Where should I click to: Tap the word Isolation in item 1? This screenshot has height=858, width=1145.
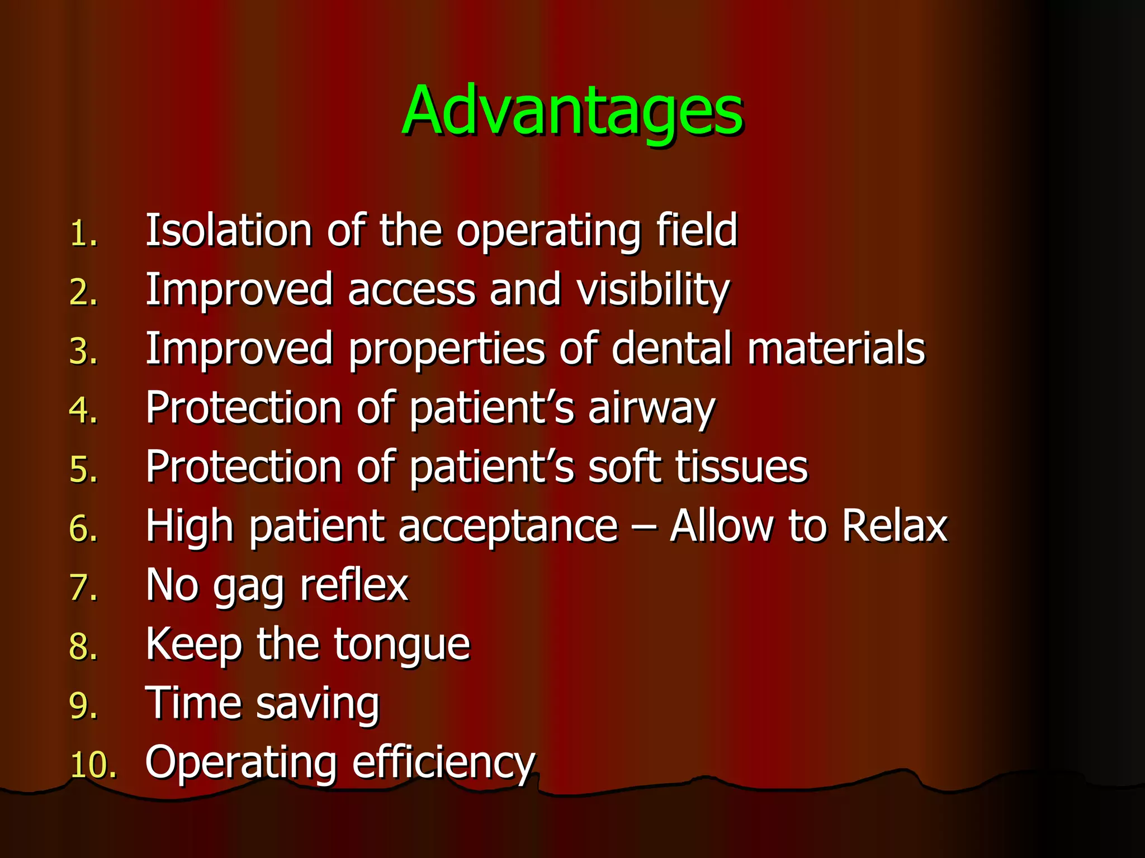228,230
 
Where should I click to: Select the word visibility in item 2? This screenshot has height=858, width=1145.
653,290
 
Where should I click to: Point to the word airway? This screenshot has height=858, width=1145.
651,409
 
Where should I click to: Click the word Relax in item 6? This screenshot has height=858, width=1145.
895,526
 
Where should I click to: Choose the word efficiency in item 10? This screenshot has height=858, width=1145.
443,763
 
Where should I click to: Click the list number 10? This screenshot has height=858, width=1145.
92,765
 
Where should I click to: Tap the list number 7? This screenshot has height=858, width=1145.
83,589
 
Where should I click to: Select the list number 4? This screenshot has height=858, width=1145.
83,411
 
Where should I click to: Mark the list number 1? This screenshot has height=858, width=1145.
83,233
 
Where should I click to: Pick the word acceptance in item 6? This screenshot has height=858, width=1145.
508,527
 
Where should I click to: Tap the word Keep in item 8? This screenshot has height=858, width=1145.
193,646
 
